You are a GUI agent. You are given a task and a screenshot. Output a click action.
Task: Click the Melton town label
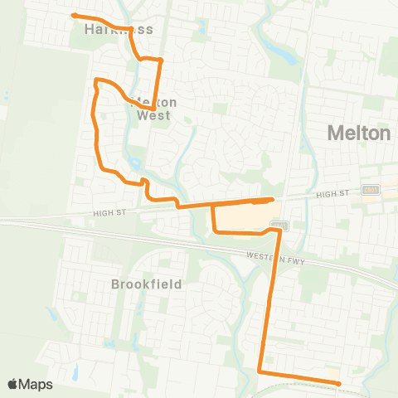(359, 133)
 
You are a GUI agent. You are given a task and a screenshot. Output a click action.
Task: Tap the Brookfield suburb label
(146, 284)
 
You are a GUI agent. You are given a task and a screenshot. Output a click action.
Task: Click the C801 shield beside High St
(370, 191)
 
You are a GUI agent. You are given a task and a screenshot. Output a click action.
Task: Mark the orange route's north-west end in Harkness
(74, 15)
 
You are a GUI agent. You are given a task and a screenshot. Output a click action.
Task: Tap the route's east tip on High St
(273, 199)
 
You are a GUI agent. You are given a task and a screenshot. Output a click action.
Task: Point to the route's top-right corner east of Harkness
(161, 60)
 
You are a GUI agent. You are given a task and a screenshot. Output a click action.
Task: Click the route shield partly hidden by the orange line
(279, 225)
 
